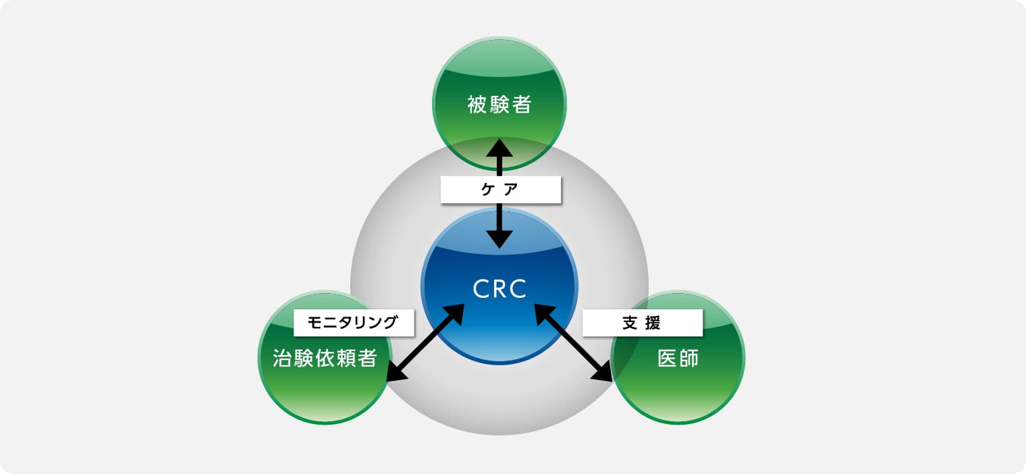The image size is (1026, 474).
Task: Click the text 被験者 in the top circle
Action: [x=500, y=105]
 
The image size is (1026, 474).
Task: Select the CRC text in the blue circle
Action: [x=500, y=289]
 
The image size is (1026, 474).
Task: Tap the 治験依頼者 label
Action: [x=325, y=358]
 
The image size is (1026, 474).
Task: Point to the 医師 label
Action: [x=678, y=358]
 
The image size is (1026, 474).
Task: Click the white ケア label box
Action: [x=501, y=190]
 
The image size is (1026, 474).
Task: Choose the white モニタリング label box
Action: [x=354, y=323]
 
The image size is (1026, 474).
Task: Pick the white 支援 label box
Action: [x=642, y=323]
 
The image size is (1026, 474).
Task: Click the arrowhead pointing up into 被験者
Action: [x=500, y=148]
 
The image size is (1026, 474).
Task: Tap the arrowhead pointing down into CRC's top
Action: [x=500, y=240]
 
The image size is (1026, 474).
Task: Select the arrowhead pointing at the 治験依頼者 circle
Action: [x=396, y=372]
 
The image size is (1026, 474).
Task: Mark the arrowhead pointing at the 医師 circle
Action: [x=603, y=372]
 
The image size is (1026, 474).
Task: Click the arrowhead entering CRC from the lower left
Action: [x=454, y=314]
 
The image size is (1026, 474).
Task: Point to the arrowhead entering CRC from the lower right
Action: [x=544, y=314]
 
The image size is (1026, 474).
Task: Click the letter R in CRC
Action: [x=500, y=289]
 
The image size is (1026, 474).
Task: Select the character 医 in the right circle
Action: [x=668, y=358]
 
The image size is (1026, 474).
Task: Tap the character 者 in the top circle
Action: [x=522, y=105]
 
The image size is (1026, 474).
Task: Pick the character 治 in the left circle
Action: [x=282, y=358]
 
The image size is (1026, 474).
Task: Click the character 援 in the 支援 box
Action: [x=652, y=323]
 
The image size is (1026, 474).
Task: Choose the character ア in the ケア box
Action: [x=511, y=189]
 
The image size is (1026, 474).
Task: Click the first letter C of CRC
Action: [x=481, y=289]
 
